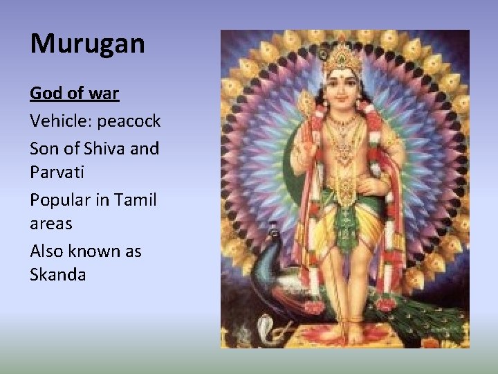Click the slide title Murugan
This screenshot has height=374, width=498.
(87, 44)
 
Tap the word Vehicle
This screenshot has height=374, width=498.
(60, 121)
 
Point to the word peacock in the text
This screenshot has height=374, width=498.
(129, 121)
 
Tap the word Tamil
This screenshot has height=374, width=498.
(136, 200)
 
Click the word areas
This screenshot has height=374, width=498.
(50, 224)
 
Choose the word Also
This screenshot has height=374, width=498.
(46, 251)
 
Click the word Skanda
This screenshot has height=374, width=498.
(58, 275)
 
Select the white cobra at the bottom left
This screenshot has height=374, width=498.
(269, 330)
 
